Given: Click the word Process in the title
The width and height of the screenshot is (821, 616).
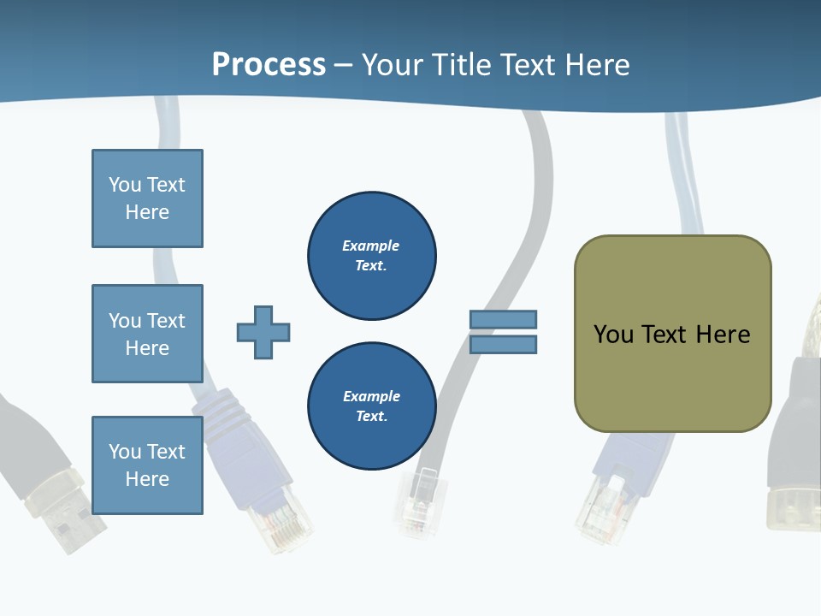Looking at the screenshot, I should [269, 64].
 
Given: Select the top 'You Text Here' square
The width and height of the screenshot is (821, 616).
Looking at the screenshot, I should [147, 198].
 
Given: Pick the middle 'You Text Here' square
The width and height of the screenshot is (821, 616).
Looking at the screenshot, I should [147, 334].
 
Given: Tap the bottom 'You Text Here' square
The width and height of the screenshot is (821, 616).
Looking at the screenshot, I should [147, 465].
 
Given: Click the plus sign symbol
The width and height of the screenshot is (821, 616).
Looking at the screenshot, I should [263, 332].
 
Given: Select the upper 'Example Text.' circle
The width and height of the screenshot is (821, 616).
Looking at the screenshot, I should [371, 256].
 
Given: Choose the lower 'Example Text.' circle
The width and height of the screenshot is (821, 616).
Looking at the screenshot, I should [371, 406].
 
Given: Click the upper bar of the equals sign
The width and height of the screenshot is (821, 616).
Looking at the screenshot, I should [503, 319].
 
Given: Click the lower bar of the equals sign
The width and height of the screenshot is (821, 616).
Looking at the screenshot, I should [503, 344].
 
